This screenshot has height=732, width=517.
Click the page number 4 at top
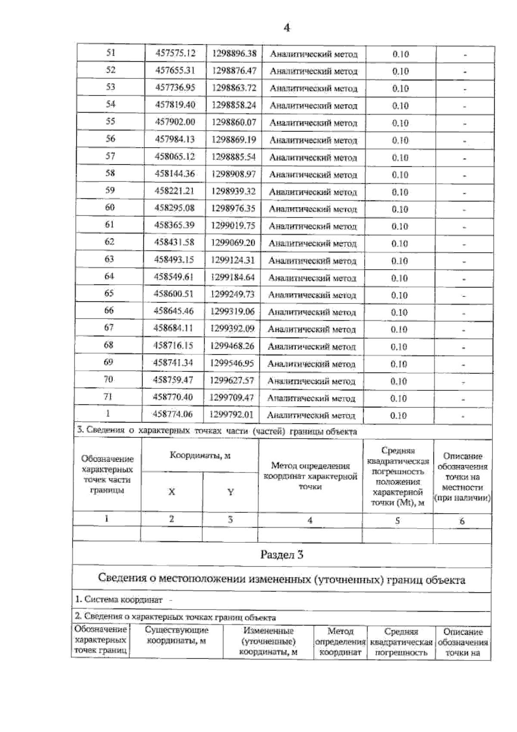(287, 28)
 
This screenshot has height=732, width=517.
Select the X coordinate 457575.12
(175, 53)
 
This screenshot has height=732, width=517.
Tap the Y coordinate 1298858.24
(234, 105)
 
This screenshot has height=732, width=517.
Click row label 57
(110, 156)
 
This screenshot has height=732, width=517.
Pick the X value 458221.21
(174, 191)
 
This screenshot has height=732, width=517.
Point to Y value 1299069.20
(233, 243)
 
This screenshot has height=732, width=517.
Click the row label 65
(109, 294)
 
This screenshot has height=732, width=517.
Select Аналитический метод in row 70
(311, 382)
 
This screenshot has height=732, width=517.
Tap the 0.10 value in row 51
(400, 54)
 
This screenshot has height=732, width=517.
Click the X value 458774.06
(173, 415)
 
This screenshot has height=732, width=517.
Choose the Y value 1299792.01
(232, 415)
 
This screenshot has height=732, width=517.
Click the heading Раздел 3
(282, 555)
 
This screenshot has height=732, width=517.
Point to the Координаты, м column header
(200, 456)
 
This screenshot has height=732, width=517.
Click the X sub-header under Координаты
(171, 492)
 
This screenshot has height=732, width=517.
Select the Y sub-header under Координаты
(230, 492)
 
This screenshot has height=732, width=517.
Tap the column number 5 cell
(397, 521)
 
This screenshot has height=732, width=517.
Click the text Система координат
(119, 600)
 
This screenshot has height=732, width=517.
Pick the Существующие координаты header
(176, 635)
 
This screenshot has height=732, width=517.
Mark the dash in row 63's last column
(464, 262)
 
